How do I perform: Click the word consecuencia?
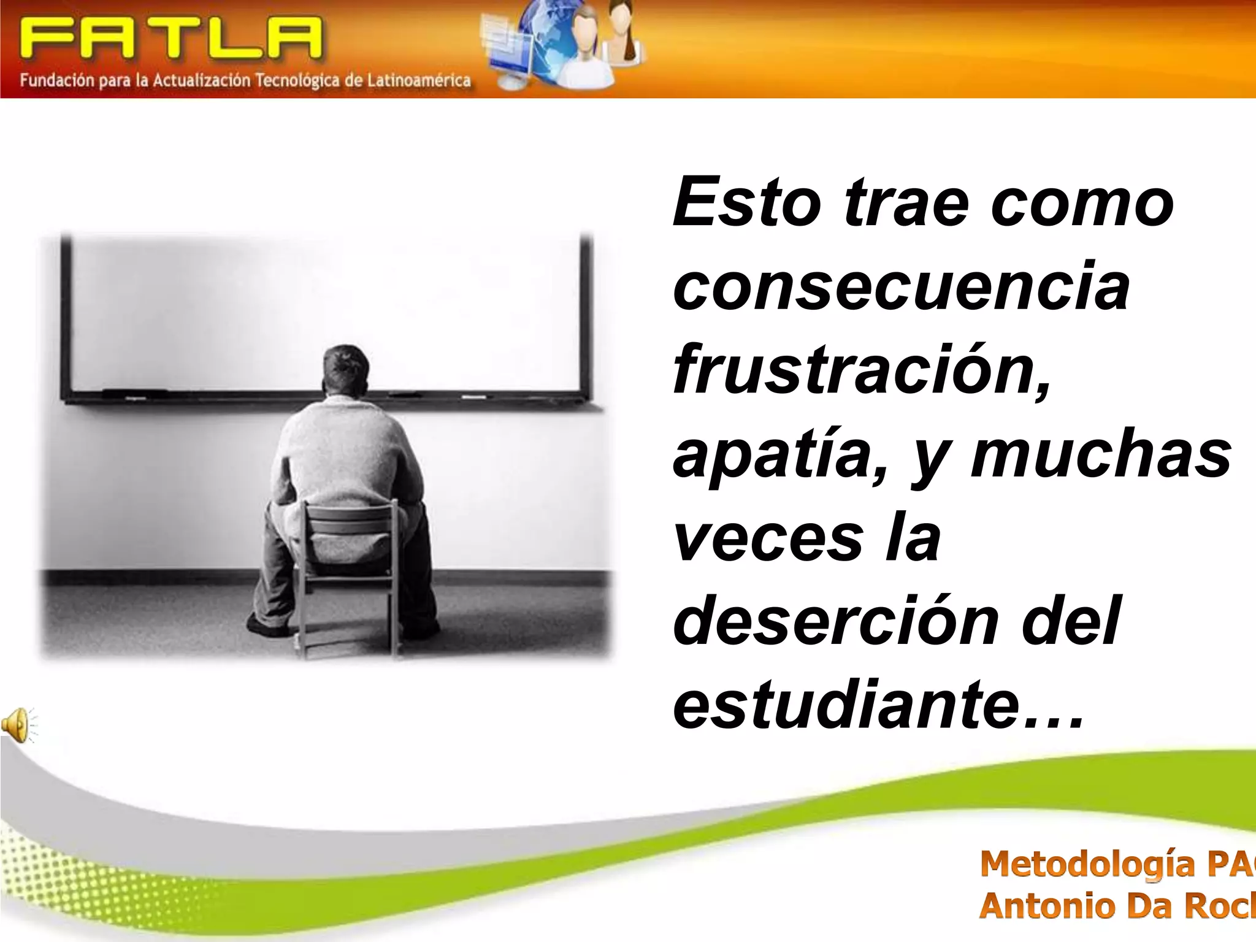coord(901,286)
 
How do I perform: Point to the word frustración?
coord(862,369)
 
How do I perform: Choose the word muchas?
coord(1101,454)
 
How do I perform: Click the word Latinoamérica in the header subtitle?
coord(419,80)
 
